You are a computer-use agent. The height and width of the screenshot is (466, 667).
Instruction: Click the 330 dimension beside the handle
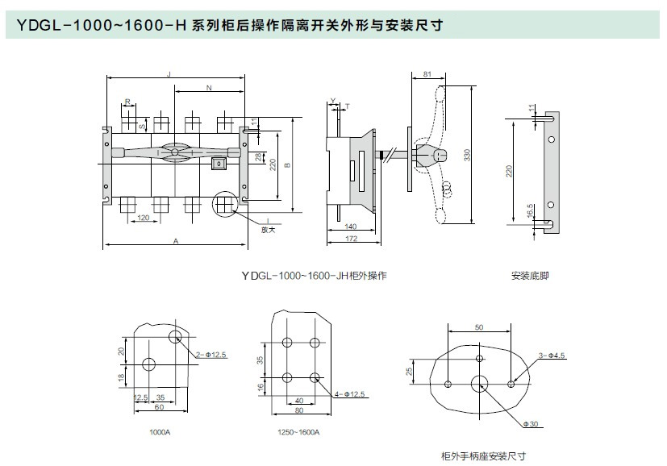[467, 155]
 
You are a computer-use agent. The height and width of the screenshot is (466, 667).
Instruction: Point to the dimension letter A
[176, 240]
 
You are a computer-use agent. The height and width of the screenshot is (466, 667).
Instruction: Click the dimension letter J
[169, 74]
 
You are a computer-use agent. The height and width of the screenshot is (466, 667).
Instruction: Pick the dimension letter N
[208, 85]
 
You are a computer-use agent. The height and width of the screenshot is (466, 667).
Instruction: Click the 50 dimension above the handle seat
[479, 327]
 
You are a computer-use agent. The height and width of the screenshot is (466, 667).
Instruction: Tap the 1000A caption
[159, 433]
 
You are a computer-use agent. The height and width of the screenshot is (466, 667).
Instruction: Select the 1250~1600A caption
[298, 433]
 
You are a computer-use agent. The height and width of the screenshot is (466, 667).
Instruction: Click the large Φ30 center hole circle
[480, 383]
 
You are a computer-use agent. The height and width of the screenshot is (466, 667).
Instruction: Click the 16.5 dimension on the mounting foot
[531, 210]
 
